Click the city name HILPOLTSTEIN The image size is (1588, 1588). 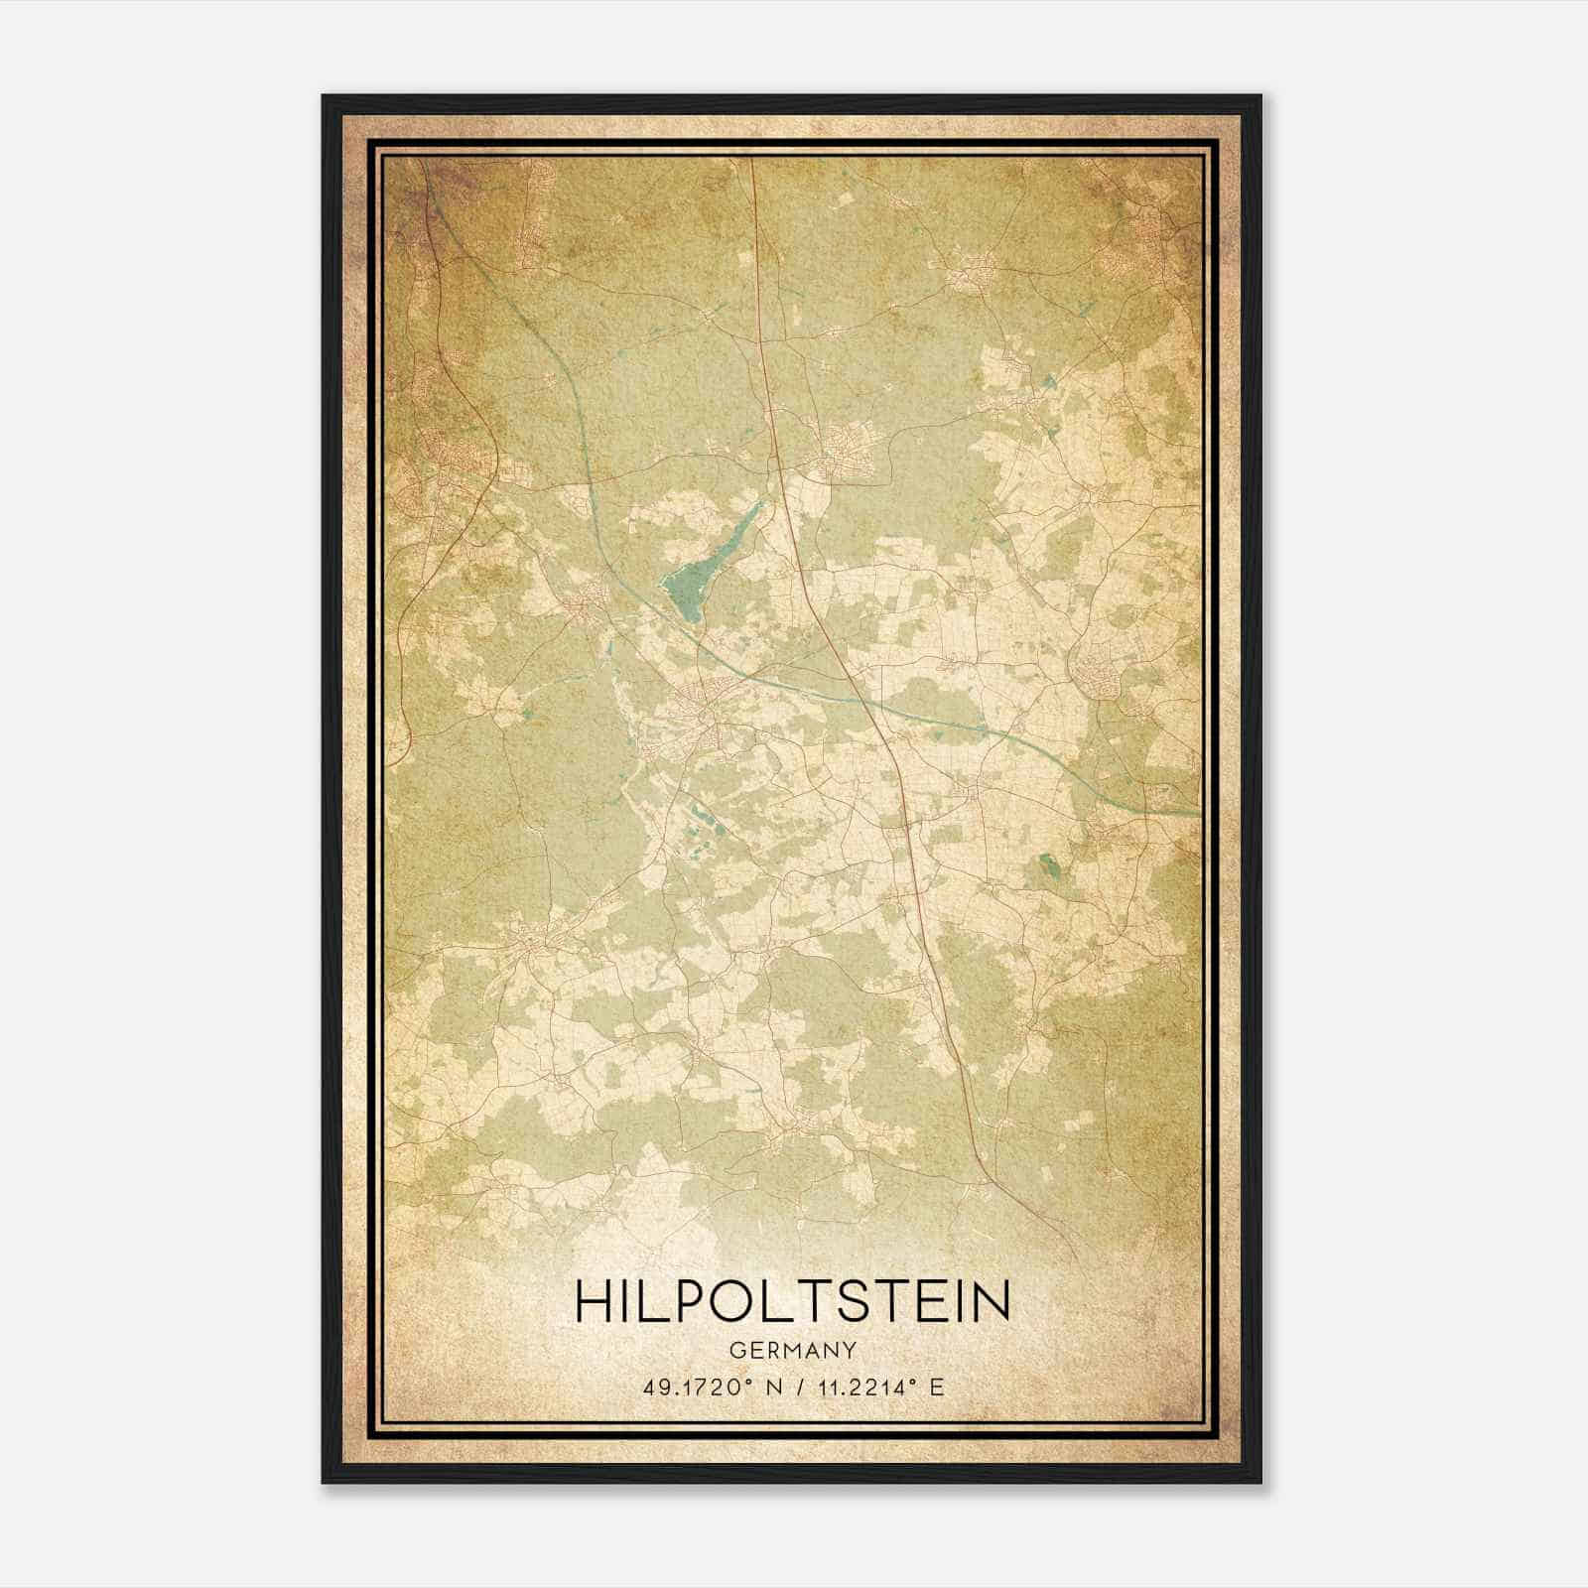pyautogui.click(x=793, y=1301)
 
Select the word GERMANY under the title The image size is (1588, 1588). pyautogui.click(x=793, y=1351)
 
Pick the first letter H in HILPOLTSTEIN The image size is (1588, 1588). pyautogui.click(x=593, y=1301)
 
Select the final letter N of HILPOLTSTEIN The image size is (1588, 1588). pyautogui.click(x=992, y=1301)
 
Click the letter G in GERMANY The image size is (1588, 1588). pyautogui.click(x=736, y=1351)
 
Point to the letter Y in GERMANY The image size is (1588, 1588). pyautogui.click(x=850, y=1351)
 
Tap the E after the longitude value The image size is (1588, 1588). pyautogui.click(x=935, y=1387)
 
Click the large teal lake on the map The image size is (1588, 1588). pyautogui.click(x=685, y=591)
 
